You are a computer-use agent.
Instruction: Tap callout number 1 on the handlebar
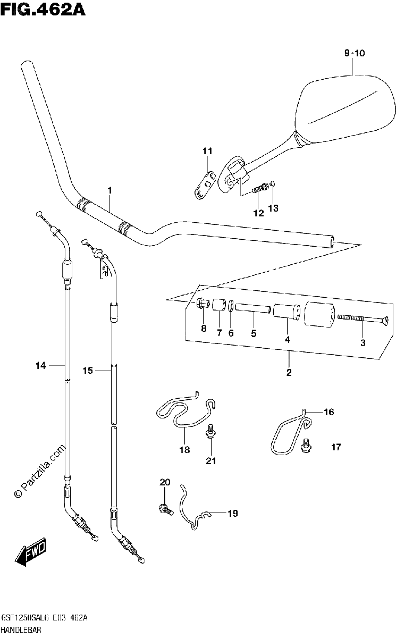click(110, 190)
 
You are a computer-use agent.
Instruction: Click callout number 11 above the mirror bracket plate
click(207, 151)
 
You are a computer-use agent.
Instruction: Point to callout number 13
click(273, 208)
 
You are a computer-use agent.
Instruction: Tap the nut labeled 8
click(203, 304)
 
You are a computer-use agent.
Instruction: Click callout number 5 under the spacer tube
click(254, 333)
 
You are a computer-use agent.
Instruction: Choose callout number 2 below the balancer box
click(289, 372)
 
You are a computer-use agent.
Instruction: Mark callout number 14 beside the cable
click(41, 365)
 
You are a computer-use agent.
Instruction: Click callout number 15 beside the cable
click(88, 371)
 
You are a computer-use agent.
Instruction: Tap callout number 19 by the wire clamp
click(233, 513)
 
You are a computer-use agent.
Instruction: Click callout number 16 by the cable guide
click(329, 412)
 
